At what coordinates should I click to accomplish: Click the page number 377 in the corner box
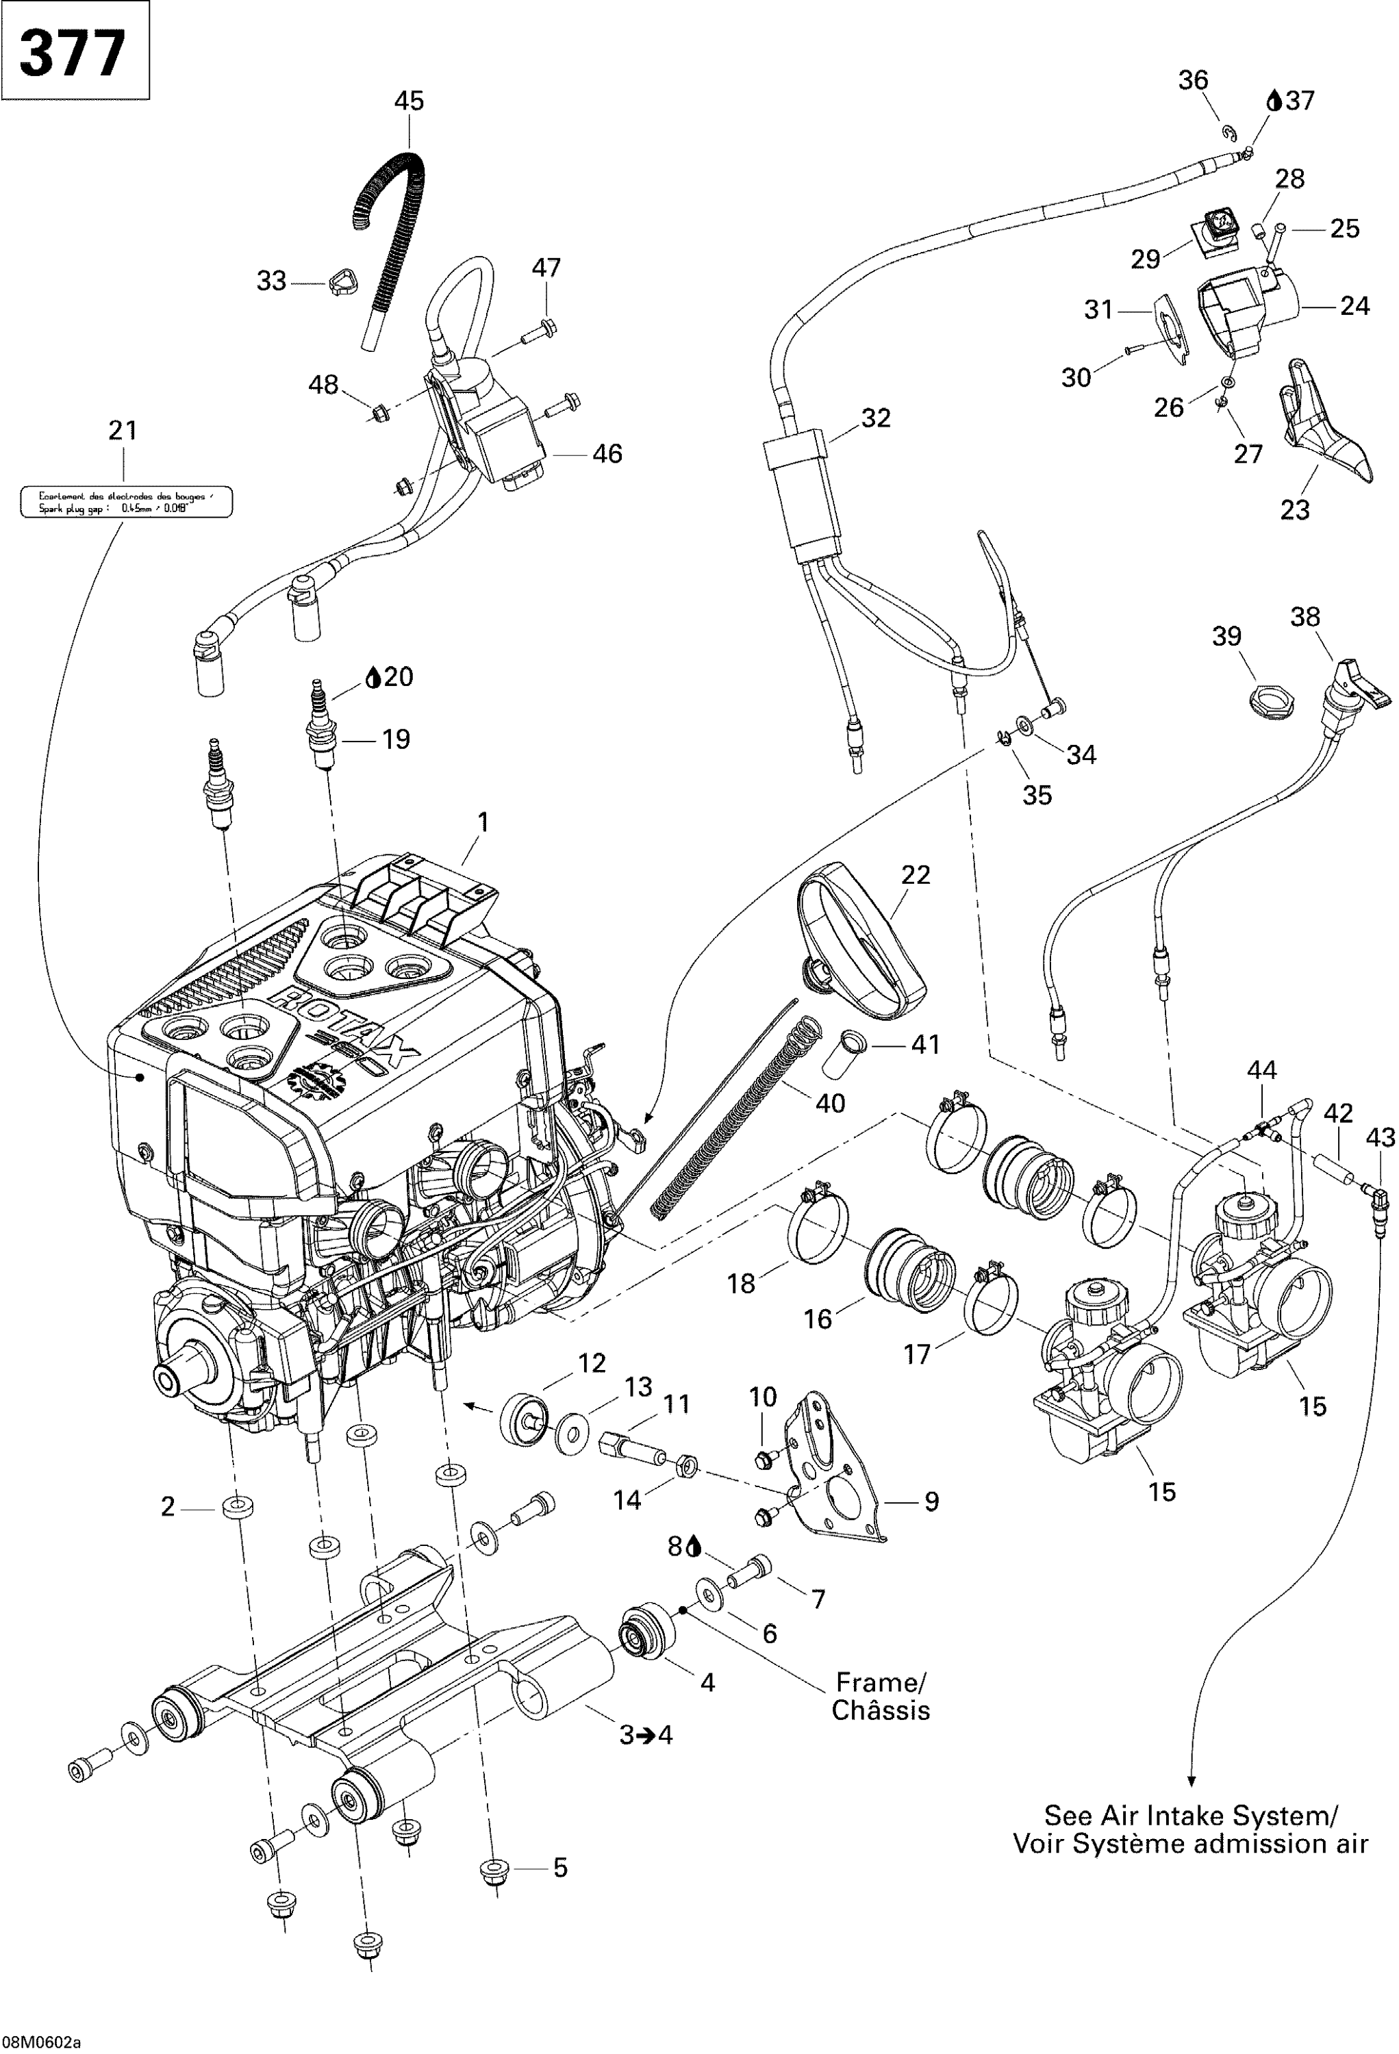tap(73, 53)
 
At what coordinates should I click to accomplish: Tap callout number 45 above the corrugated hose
tap(408, 101)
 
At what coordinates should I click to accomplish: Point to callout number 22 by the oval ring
tap(916, 874)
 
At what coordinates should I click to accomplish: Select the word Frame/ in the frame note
tap(881, 1682)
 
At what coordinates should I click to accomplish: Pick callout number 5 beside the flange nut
tap(559, 1868)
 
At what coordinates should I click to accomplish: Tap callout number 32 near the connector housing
tap(875, 418)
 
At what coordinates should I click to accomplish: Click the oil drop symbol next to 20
tap(373, 678)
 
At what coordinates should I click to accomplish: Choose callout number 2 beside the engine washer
tap(168, 1506)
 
